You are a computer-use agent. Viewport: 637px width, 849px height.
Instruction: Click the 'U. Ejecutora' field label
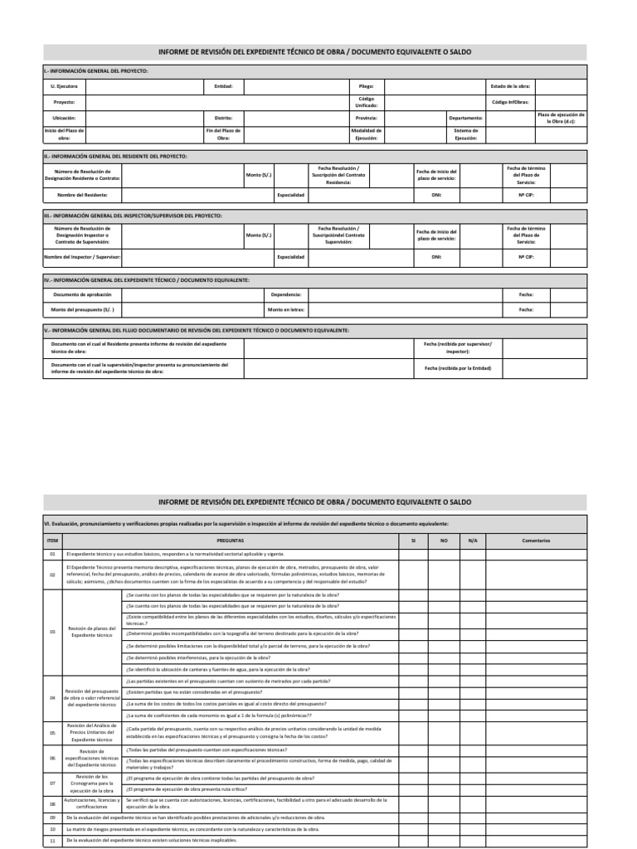pos(64,85)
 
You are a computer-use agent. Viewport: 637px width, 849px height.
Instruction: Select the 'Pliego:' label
pos(366,85)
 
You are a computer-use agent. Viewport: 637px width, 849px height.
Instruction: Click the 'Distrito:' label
pos(223,119)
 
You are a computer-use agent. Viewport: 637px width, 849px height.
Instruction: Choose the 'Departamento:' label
pos(465,119)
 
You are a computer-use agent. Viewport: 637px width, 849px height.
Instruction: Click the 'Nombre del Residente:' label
pos(82,195)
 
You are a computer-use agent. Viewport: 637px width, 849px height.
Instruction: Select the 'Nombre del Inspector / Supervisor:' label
pos(82,257)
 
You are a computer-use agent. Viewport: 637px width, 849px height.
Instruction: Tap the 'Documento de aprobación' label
pos(77,294)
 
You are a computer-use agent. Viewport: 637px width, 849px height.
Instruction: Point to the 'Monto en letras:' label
pos(285,309)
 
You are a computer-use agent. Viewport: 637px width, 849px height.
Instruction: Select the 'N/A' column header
pos(473,541)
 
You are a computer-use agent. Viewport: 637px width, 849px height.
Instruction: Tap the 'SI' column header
pos(413,541)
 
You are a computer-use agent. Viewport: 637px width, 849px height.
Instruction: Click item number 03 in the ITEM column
pos(51,631)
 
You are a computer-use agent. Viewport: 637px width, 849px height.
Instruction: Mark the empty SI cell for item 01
pos(413,553)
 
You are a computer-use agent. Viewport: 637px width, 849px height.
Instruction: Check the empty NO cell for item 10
pos(443,828)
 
